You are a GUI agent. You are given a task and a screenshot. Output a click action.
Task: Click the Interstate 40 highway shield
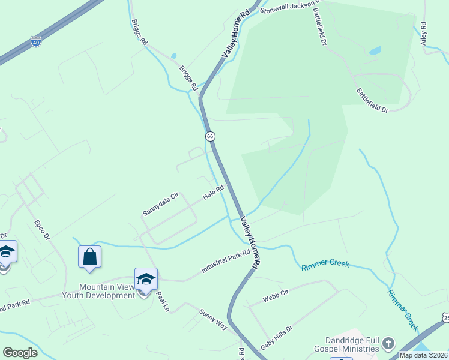click(36, 42)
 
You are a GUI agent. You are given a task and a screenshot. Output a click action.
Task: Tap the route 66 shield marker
click(210, 136)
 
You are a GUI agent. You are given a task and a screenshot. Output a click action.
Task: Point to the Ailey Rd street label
click(423, 34)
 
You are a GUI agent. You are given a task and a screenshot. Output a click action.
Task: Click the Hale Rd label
click(213, 192)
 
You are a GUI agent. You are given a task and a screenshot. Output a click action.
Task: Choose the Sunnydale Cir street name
click(161, 204)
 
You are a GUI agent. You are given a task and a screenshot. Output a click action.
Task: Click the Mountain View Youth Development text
click(98, 292)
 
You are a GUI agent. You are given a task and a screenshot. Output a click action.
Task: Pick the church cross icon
click(388, 343)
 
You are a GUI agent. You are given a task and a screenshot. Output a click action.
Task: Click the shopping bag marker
click(89, 257)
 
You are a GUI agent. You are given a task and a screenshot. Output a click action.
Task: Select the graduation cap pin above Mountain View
click(145, 280)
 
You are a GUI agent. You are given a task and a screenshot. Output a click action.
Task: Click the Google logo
click(20, 353)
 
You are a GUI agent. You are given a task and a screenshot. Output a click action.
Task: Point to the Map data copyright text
click(423, 355)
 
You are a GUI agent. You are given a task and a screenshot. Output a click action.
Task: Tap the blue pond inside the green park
click(375, 51)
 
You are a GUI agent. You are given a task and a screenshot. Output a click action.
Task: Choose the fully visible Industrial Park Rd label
click(225, 263)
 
